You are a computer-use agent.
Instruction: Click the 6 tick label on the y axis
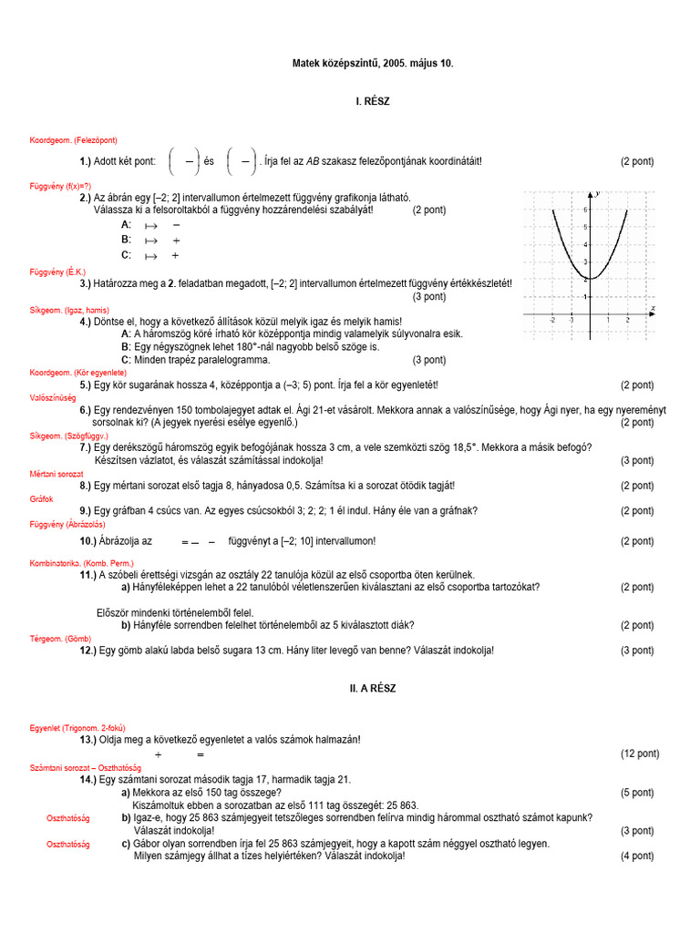tap(585, 209)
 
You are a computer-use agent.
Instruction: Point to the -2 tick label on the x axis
tap(552, 321)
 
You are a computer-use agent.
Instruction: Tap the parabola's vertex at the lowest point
tap(590, 278)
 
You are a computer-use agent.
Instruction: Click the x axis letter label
tap(653, 309)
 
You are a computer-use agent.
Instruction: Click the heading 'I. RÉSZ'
tap(372, 101)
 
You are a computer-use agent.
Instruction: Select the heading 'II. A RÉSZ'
tap(372, 688)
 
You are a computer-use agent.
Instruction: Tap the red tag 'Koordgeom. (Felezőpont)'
tap(73, 139)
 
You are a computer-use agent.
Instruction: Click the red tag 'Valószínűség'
tap(53, 398)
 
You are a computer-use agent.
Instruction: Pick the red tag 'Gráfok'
tap(42, 498)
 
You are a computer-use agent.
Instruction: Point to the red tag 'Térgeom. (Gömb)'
tap(60, 639)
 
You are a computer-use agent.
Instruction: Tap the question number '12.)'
tap(88, 651)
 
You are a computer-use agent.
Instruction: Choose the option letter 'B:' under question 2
tap(127, 240)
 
